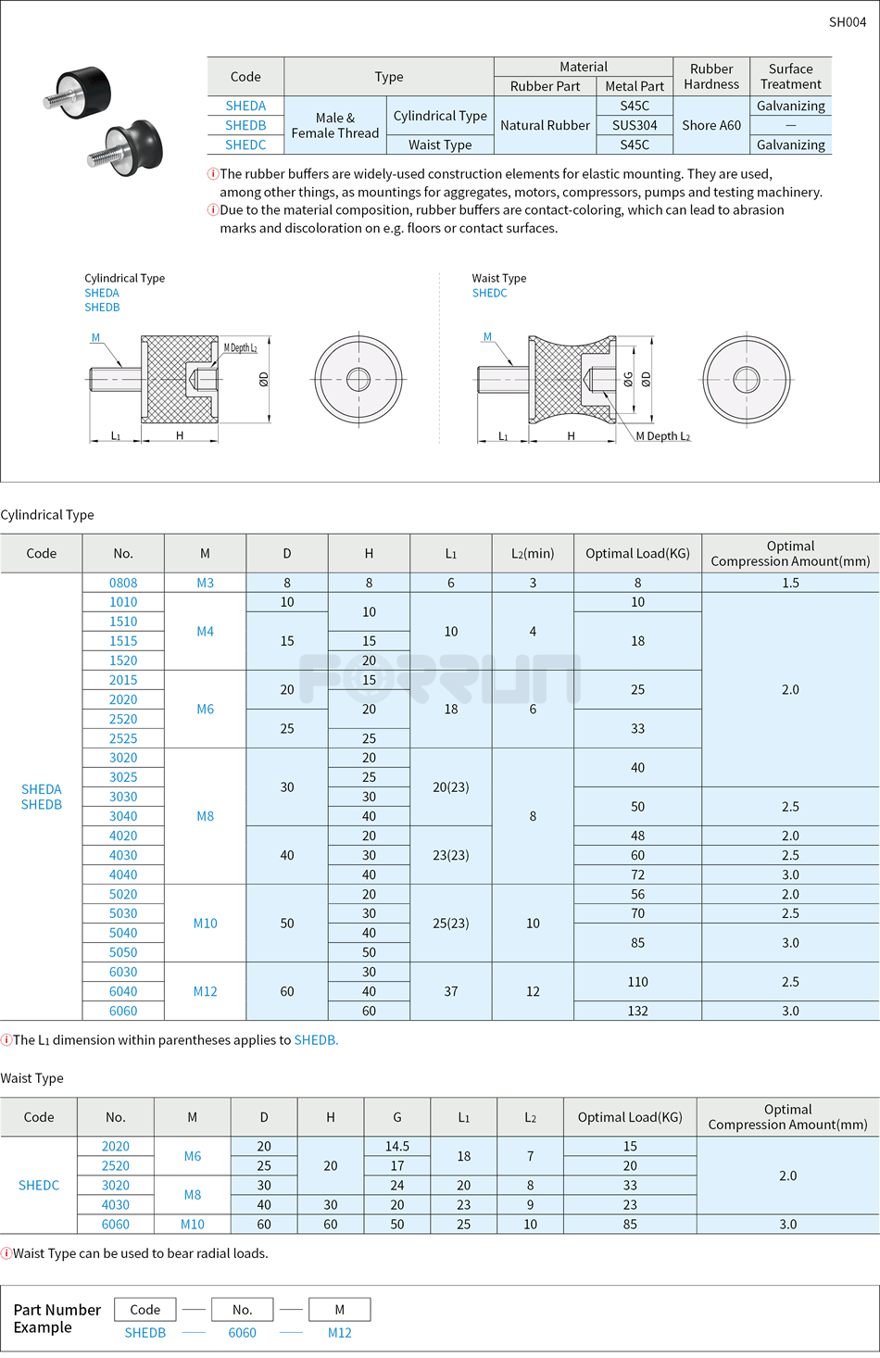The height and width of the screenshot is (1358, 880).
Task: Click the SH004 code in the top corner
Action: (x=847, y=22)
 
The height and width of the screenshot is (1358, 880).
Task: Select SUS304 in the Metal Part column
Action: (x=635, y=125)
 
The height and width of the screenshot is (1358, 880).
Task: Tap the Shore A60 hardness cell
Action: (x=711, y=125)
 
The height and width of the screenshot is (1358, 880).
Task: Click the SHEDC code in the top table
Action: (x=245, y=145)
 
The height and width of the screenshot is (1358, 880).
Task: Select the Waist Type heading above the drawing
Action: (x=498, y=278)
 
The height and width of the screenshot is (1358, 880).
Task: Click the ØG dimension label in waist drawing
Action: (x=628, y=379)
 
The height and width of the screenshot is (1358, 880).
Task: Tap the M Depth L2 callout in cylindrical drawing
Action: (x=240, y=348)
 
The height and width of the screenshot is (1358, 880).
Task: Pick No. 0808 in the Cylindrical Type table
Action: (x=123, y=583)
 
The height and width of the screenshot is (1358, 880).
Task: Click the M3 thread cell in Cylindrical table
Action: (x=205, y=583)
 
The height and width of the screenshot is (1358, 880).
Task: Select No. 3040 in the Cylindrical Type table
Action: (x=123, y=816)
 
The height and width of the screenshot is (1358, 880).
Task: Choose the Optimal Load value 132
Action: (x=637, y=1011)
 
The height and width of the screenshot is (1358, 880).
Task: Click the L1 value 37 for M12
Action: (x=451, y=991)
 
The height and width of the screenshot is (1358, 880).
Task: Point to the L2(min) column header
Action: (x=533, y=553)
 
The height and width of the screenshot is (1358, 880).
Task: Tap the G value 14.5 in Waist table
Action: (x=397, y=1146)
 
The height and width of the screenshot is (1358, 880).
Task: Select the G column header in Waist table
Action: (x=397, y=1117)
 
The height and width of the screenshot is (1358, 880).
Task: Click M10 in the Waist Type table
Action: (x=193, y=1224)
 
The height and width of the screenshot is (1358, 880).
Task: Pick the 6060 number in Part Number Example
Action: (x=242, y=1332)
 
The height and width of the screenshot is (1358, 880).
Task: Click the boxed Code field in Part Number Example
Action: (x=145, y=1309)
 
